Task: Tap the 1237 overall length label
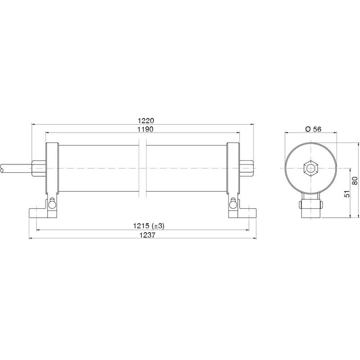click(143, 234)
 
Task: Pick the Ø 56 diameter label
click(312, 129)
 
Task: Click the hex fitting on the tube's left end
click(38, 169)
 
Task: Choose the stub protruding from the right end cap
click(247, 169)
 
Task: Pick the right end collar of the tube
click(233, 169)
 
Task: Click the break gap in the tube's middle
click(143, 169)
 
